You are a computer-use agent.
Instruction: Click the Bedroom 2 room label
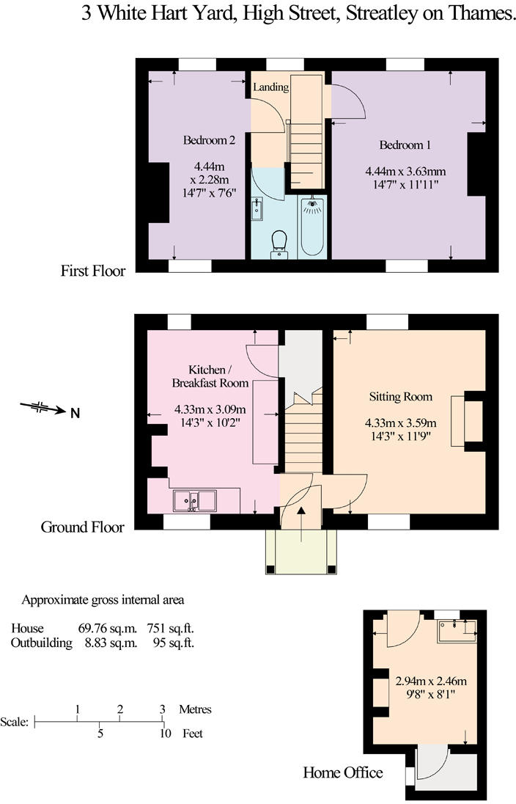point(209,140)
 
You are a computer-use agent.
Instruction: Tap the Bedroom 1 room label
point(405,145)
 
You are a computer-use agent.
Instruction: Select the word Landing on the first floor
point(270,87)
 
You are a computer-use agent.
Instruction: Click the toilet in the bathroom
point(279,244)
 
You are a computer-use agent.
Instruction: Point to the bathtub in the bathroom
point(312,226)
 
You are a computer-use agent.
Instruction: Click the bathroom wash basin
point(257,208)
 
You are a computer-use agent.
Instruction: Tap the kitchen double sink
point(195,500)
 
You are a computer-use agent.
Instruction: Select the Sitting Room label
point(401,397)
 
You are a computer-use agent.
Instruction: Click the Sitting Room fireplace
point(467,421)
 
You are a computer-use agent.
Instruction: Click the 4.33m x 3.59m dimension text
point(401,423)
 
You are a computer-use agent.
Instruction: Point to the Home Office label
point(343,772)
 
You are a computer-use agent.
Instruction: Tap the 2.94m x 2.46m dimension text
point(431,681)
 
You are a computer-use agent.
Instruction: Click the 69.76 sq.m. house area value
point(111,628)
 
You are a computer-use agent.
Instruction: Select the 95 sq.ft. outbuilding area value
point(174,643)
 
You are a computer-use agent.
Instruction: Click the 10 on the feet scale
point(165,734)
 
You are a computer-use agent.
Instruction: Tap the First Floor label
point(93,270)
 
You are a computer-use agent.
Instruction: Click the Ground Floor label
point(83,527)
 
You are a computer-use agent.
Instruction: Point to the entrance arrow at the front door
point(301,524)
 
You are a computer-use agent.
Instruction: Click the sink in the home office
point(457,631)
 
